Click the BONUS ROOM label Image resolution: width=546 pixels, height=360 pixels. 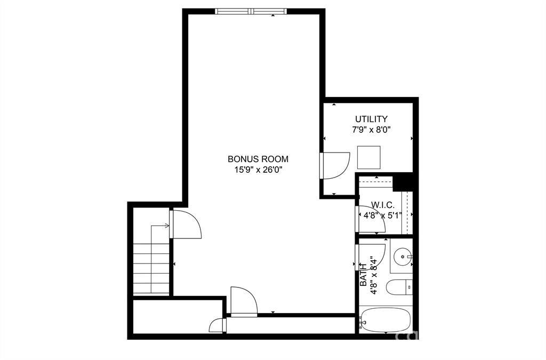click(258, 159)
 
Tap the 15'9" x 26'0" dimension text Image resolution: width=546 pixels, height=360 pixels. click(258, 170)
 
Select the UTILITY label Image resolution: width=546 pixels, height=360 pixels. click(371, 119)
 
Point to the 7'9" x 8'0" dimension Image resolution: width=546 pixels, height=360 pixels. click(371, 130)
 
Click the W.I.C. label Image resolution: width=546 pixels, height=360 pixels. click(383, 205)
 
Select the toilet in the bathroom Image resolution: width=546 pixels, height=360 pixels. click(399, 287)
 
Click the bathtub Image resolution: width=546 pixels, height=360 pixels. click(386, 320)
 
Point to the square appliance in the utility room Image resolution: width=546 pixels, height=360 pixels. click(369, 157)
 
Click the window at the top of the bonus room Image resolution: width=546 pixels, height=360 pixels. click(251, 11)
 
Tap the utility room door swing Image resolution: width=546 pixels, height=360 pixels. click(335, 166)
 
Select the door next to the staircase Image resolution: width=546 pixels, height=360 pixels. click(185, 224)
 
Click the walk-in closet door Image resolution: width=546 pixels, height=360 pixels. click(371, 219)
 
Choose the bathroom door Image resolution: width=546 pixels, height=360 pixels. click(371, 257)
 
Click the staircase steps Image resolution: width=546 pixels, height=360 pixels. click(151, 268)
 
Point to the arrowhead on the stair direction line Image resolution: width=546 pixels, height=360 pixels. click(167, 226)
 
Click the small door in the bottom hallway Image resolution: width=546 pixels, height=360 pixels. click(218, 325)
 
